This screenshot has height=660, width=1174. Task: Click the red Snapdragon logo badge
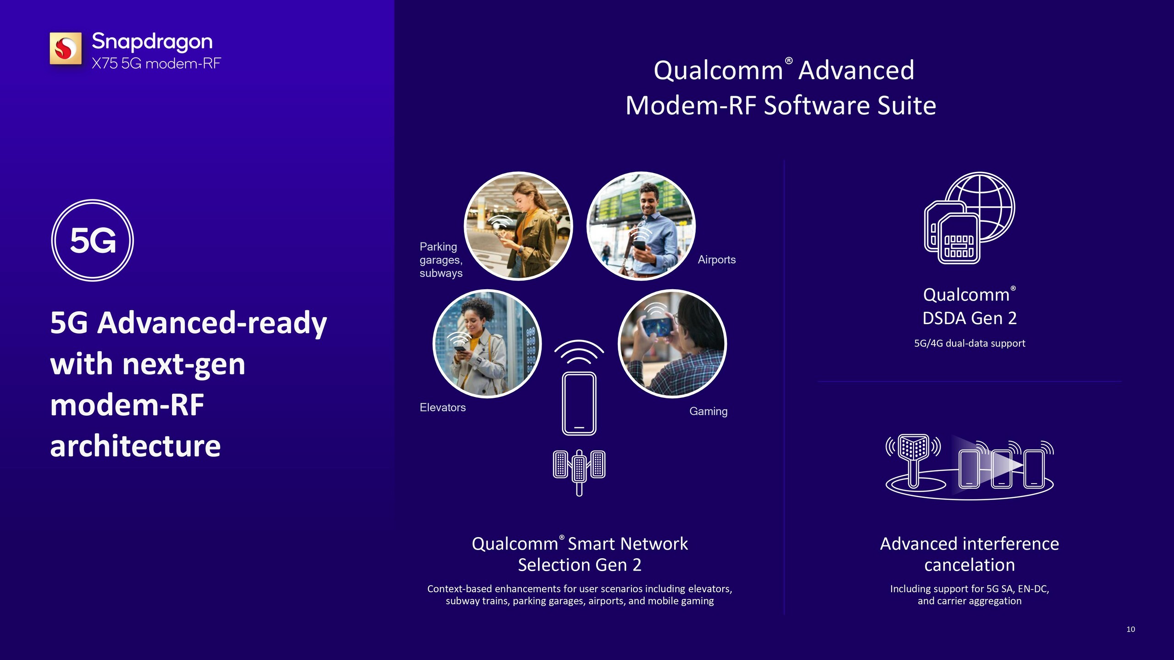click(66, 48)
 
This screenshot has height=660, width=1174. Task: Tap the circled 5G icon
click(93, 240)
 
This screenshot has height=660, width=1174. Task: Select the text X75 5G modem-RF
click(156, 63)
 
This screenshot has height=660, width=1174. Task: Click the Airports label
click(717, 260)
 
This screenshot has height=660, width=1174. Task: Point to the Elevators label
click(443, 407)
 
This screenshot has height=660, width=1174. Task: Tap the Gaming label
click(709, 411)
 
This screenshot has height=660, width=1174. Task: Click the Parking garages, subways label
click(441, 260)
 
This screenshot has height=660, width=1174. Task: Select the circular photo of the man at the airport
click(641, 226)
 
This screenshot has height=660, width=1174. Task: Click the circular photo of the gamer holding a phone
click(672, 344)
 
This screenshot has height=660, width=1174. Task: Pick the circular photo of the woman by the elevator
click(487, 344)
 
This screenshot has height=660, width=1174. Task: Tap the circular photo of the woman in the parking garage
click(518, 226)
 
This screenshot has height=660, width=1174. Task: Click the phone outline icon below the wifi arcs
click(579, 403)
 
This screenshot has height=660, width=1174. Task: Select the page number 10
click(1131, 629)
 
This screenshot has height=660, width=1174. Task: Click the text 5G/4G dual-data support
click(969, 343)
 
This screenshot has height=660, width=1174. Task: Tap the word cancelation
click(969, 565)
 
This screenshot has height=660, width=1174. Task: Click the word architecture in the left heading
click(135, 446)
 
